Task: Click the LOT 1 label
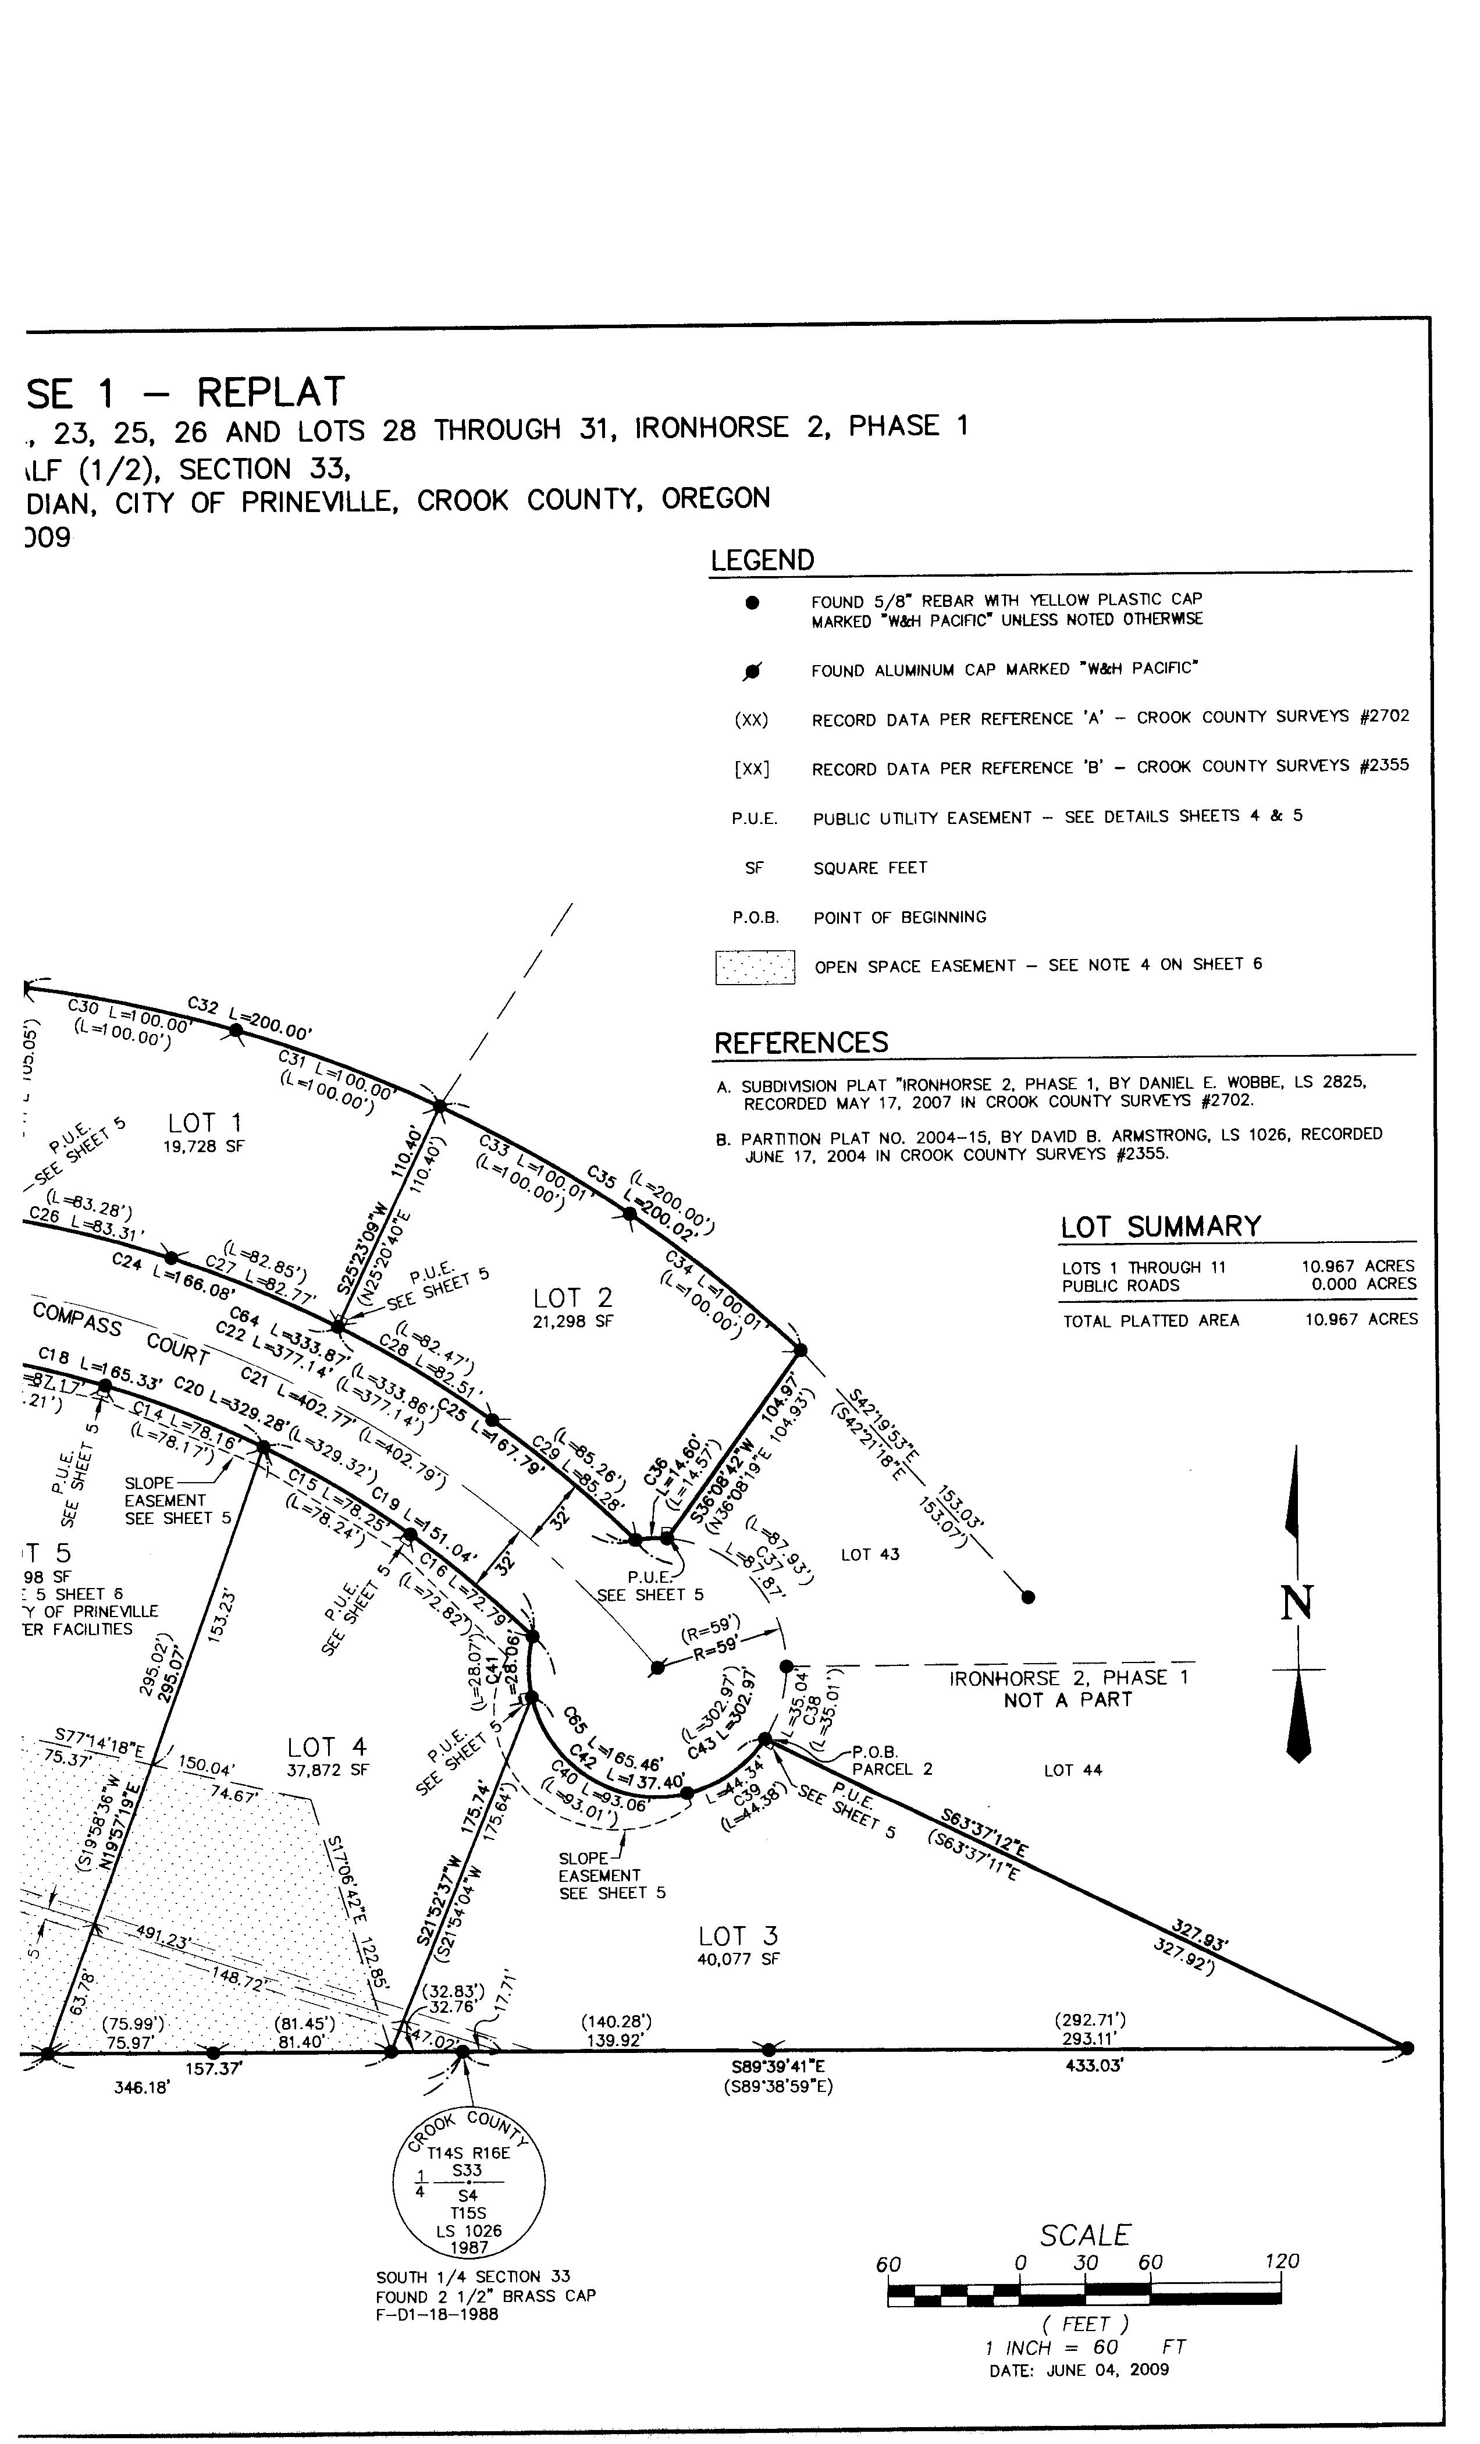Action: point(204,1123)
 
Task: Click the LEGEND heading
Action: point(762,560)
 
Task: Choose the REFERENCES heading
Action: point(801,1042)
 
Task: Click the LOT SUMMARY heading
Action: point(1159,1227)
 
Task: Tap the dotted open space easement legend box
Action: point(755,967)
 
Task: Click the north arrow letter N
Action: point(1297,1604)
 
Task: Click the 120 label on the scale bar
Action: point(1282,2261)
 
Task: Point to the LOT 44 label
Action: point(1072,1770)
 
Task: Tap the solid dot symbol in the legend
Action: point(753,602)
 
